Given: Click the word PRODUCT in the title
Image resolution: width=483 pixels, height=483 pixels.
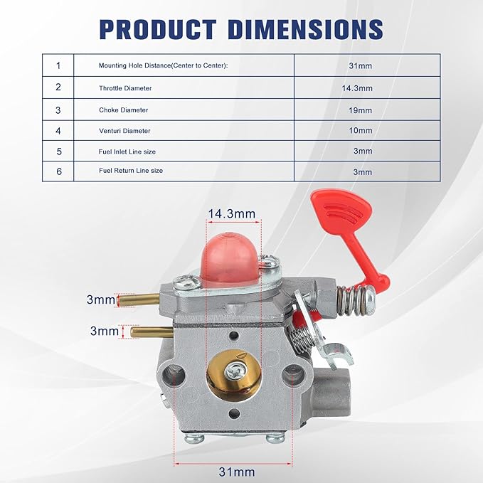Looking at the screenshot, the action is (x=158, y=29).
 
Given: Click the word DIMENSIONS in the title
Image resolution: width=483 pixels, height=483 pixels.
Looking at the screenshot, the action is (x=306, y=29).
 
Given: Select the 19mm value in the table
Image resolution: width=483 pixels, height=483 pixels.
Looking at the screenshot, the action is (x=360, y=110).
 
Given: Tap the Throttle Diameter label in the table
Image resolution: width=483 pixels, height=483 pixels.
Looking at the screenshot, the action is (x=125, y=88).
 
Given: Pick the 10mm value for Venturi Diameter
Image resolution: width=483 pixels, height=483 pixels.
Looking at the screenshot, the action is (x=361, y=131).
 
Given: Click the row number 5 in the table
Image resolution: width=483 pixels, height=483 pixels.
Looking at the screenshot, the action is (x=59, y=152).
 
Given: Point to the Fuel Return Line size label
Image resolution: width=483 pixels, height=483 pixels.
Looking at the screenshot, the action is (x=131, y=171).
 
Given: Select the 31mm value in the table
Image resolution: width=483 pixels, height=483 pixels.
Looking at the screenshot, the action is (x=360, y=65).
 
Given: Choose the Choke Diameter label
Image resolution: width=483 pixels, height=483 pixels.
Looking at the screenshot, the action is (x=124, y=110).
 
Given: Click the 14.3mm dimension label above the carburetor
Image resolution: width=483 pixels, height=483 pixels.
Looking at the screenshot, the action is (x=232, y=214).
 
